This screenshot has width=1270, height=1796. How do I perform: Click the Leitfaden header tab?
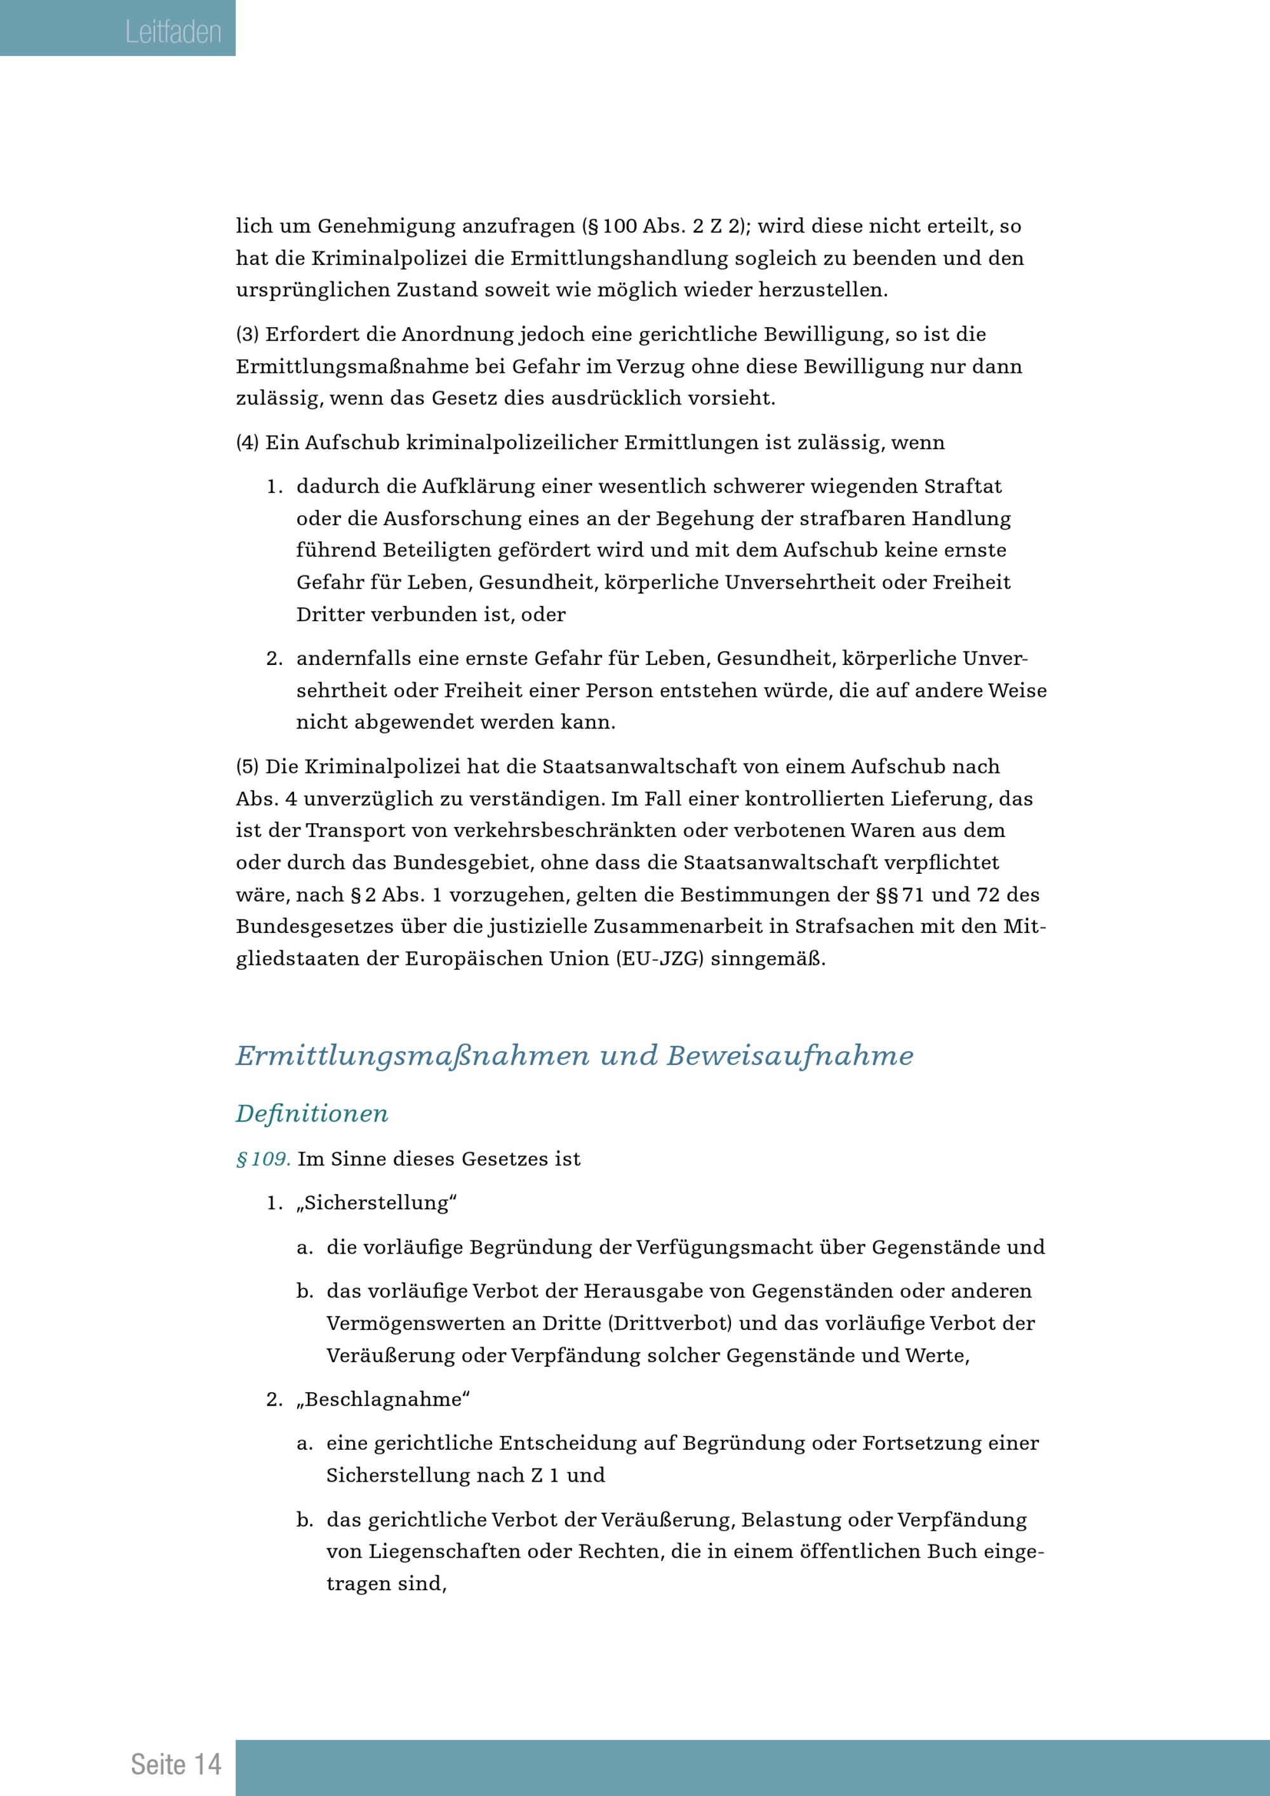coord(173,32)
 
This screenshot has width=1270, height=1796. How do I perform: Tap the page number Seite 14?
coord(176,1764)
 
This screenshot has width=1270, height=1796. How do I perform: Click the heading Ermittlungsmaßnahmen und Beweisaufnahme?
coord(574,1056)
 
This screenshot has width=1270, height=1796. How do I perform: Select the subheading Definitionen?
coord(312,1113)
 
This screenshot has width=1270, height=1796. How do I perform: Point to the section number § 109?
coord(264,1158)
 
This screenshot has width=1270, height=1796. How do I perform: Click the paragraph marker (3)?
coord(247,335)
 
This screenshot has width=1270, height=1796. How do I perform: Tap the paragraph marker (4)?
coord(247,443)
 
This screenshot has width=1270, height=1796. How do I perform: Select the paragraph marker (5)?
coord(247,767)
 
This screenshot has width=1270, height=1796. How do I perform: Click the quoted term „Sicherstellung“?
coord(376,1203)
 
